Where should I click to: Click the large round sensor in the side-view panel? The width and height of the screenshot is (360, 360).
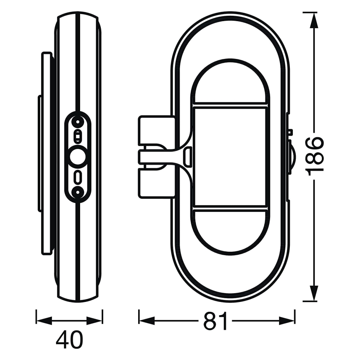(77, 157)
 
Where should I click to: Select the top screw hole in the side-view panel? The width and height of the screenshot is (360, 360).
(77, 122)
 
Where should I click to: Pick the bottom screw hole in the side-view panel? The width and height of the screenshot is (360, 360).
(77, 191)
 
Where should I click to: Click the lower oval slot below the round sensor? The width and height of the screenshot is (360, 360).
(77, 176)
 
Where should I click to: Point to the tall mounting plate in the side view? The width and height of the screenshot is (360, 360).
(46, 153)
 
